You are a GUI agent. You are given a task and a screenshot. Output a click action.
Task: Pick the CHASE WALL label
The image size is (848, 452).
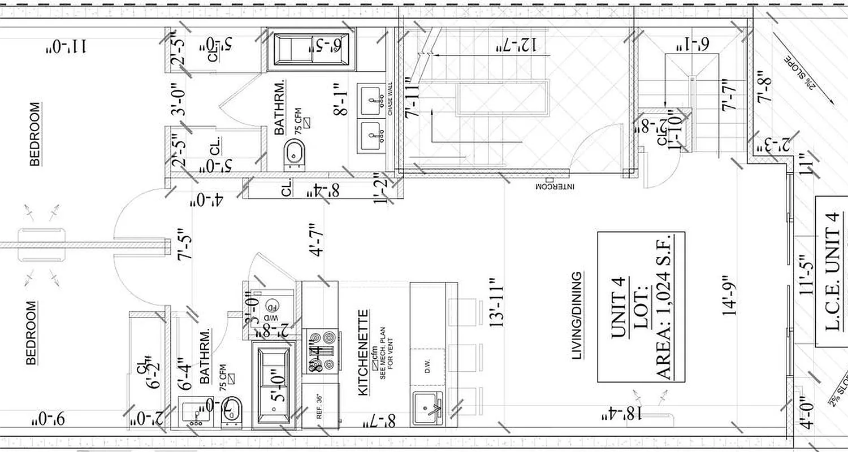point(390,100)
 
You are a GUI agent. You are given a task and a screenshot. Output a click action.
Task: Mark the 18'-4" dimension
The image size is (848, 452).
point(622,415)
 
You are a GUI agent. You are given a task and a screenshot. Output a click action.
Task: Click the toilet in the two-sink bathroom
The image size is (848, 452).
point(295,153)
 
